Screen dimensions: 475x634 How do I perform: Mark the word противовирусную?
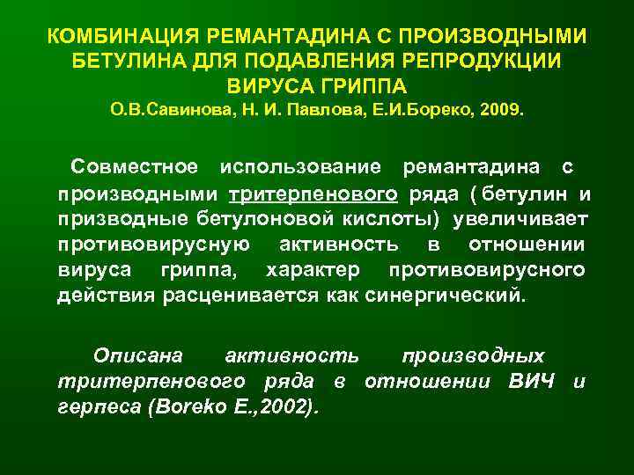[x=153, y=243]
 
